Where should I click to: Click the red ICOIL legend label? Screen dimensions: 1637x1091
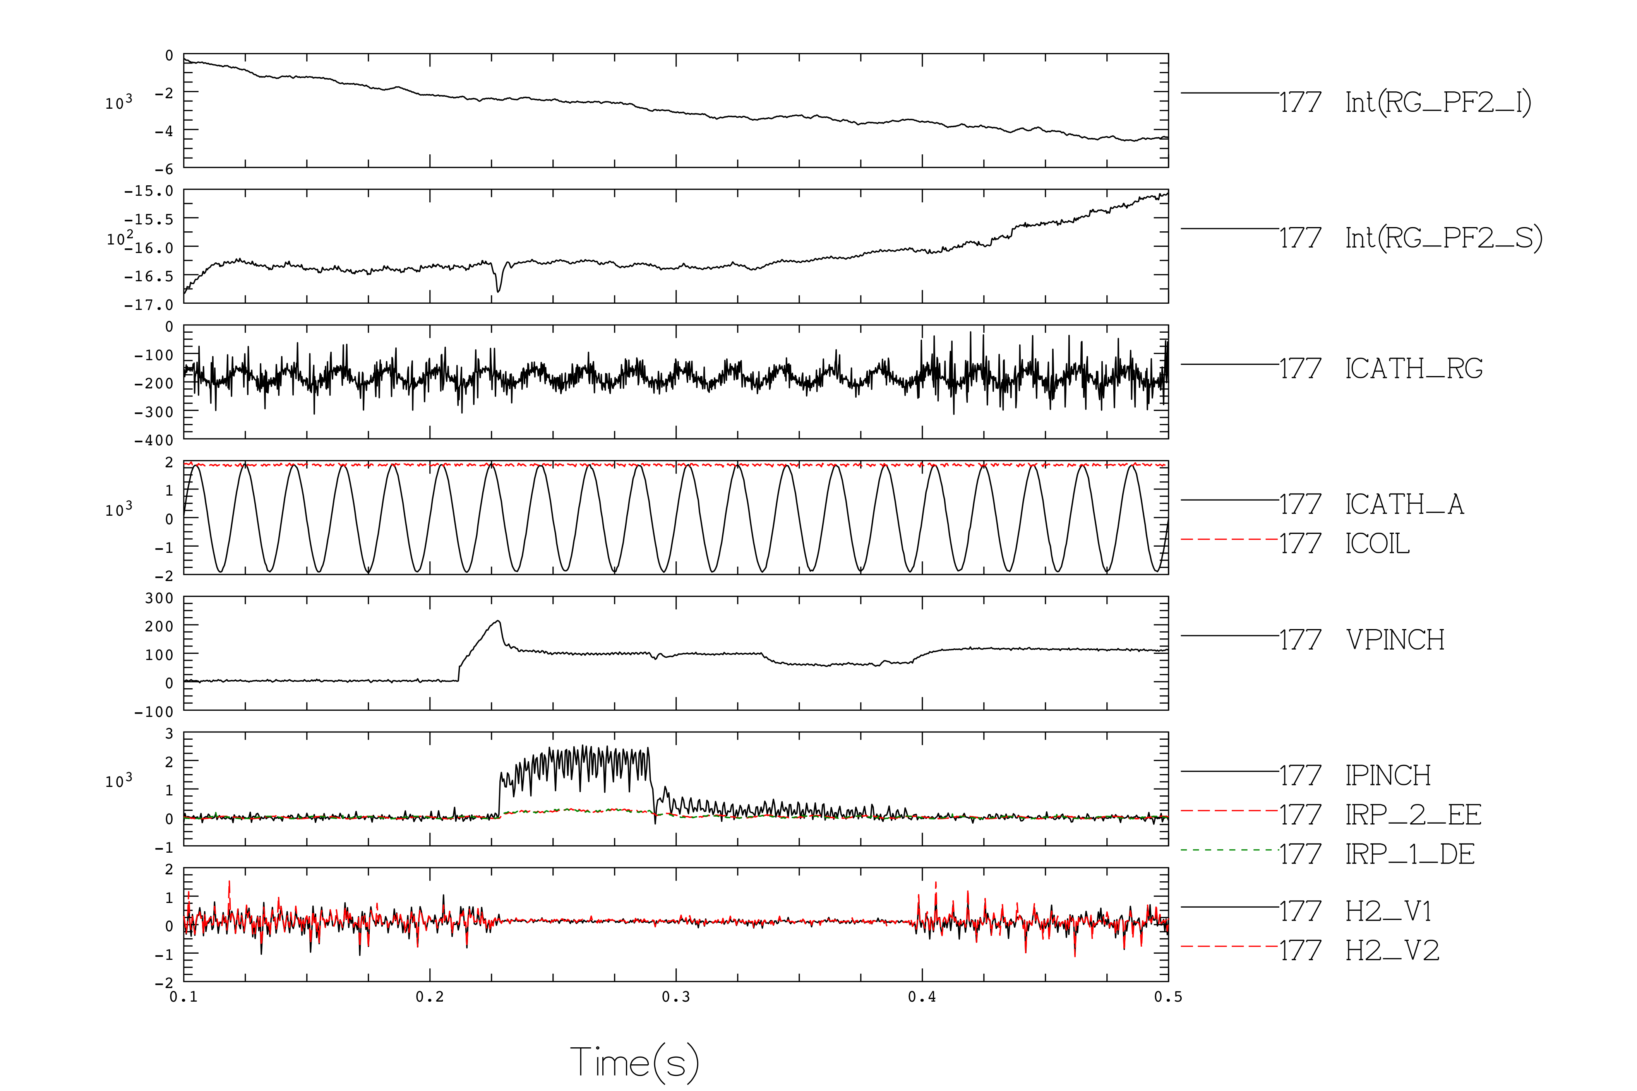point(1377,544)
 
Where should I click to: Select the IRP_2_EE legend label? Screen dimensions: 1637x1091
point(1413,815)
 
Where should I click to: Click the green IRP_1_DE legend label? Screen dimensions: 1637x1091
point(1409,854)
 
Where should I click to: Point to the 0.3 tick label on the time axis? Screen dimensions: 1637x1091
point(676,997)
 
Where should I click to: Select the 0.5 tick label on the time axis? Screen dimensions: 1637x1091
point(1168,997)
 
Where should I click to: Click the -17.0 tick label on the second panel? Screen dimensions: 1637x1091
point(148,305)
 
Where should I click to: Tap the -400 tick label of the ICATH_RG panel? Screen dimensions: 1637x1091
point(154,440)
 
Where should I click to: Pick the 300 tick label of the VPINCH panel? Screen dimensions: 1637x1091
point(159,599)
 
